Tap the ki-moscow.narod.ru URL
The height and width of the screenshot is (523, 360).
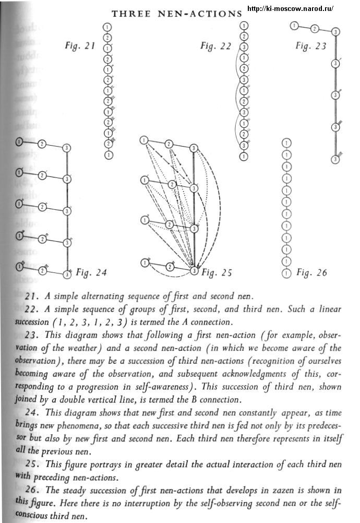pyautogui.click(x=290, y=9)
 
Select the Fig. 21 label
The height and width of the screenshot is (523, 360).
pyautogui.click(x=80, y=46)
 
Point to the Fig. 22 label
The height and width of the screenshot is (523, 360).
pyautogui.click(x=215, y=46)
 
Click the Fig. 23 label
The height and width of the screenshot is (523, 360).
pyautogui.click(x=311, y=46)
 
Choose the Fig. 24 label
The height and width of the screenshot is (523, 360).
pyautogui.click(x=91, y=272)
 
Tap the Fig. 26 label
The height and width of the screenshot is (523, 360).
pyautogui.click(x=311, y=272)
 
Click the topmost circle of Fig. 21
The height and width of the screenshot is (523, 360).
pyautogui.click(x=107, y=27)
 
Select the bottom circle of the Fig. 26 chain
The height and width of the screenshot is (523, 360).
pyautogui.click(x=285, y=272)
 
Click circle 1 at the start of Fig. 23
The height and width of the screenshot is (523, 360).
pyautogui.click(x=295, y=25)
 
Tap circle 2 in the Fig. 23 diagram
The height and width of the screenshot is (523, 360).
pyautogui.click(x=315, y=28)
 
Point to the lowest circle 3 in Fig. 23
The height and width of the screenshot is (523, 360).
pyautogui.click(x=335, y=159)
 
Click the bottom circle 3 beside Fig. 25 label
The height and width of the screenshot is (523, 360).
pyautogui.click(x=194, y=270)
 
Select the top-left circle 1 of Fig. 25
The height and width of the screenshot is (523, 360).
pyautogui.click(x=144, y=140)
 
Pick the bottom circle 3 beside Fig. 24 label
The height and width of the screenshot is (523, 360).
pyautogui.click(x=67, y=274)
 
